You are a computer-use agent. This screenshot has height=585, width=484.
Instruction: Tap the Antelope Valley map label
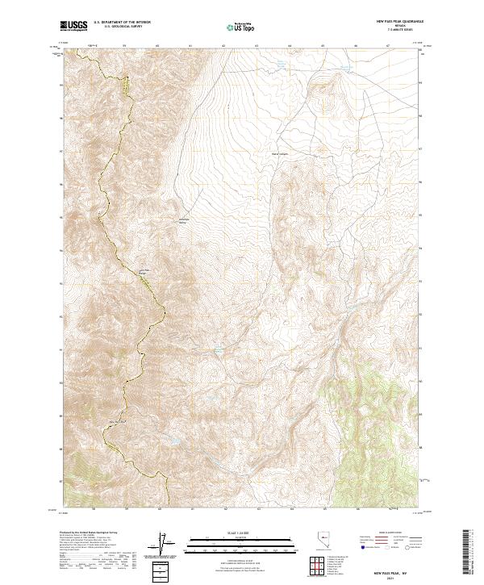click(183, 221)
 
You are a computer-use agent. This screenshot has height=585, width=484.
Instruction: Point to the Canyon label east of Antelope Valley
click(279, 152)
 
